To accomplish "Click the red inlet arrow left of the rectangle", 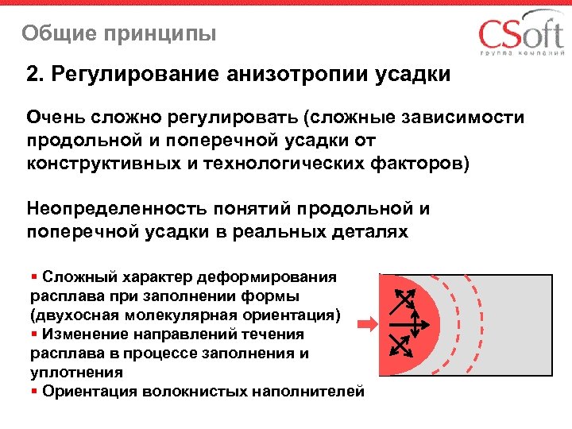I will point(366,324).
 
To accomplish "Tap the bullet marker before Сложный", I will point(34,277).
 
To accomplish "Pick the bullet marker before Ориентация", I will point(34,392).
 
